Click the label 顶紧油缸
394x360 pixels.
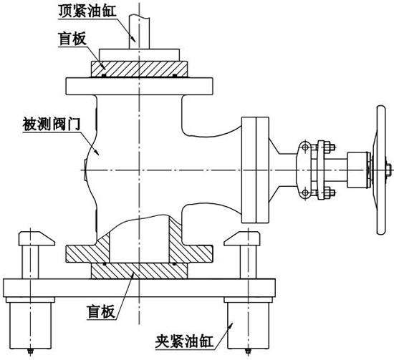coord(87,11)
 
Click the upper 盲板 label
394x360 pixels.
coord(72,39)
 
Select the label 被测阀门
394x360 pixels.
coord(52,124)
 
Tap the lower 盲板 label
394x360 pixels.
coord(101,311)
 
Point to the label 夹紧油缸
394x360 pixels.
coord(184,341)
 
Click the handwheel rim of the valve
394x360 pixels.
coord(381,170)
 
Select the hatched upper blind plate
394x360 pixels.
coord(139,69)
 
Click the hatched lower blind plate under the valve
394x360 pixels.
coord(139,271)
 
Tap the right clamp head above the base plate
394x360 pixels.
coord(242,238)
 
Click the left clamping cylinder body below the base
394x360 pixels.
coord(30,326)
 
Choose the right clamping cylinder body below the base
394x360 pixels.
coord(249,326)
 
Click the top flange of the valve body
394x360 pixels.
coord(139,86)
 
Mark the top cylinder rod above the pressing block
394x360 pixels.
coord(139,32)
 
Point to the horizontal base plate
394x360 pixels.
coord(139,288)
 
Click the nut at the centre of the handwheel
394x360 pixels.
coord(388,170)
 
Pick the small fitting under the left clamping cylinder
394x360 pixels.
coord(30,351)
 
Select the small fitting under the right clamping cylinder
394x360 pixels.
coord(249,351)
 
